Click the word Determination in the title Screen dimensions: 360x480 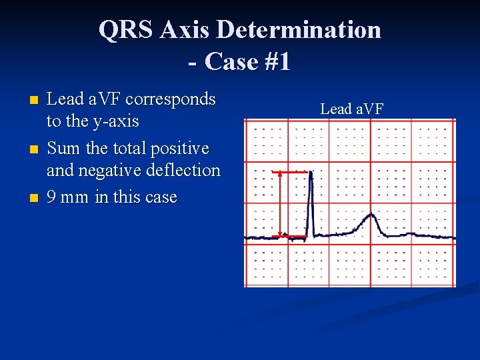[299, 30]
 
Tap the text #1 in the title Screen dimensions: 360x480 [274, 61]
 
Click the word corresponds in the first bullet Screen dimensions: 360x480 [171, 99]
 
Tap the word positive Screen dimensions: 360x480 [179, 148]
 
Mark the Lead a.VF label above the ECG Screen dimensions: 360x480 [351, 109]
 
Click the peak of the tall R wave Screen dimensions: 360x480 [310, 173]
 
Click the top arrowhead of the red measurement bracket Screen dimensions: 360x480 [280, 173]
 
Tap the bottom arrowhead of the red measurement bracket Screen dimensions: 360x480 [280, 235]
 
